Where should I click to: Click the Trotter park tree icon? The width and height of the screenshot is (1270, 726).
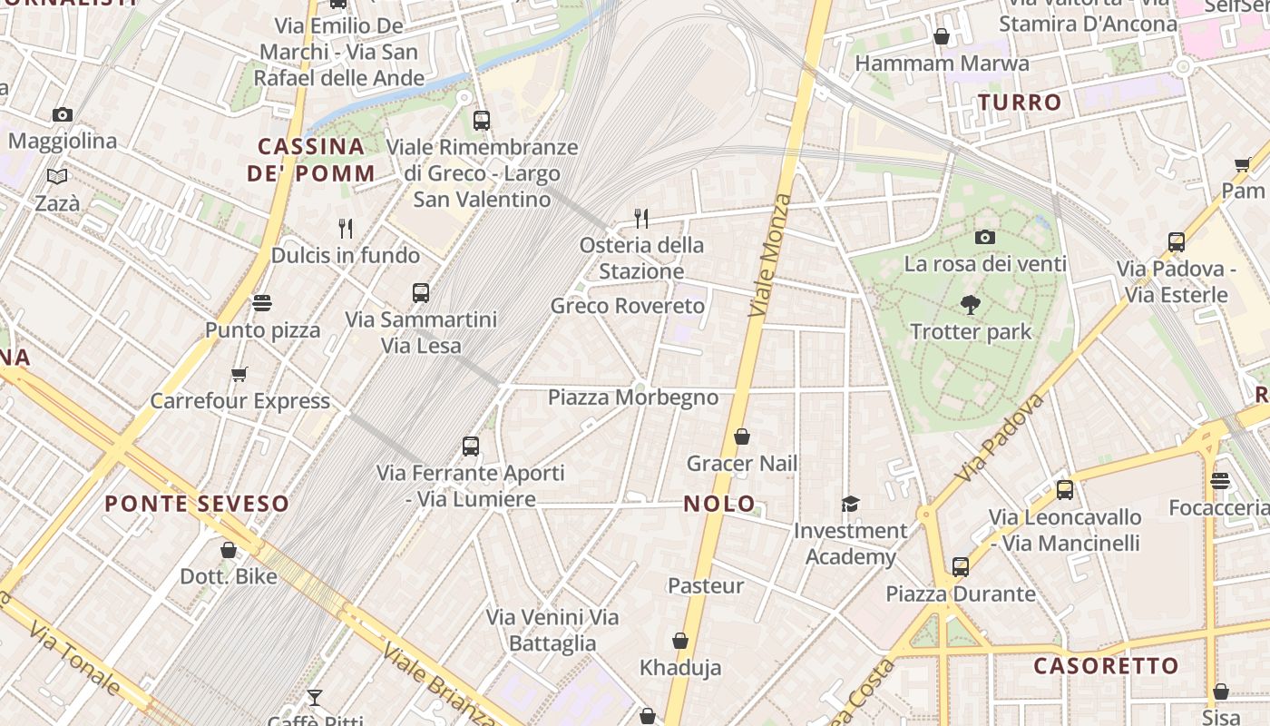971,305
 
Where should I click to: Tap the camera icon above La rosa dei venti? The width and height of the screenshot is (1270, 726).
985,238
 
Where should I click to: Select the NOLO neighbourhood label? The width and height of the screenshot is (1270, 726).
719,504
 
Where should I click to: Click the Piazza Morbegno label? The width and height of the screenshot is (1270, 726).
633,397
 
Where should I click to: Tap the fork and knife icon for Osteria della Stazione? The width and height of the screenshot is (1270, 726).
641,218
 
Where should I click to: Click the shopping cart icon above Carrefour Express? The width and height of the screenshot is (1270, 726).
239,374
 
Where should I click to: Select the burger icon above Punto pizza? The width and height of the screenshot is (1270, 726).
262,303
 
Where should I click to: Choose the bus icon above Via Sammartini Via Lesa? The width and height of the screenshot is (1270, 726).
421,293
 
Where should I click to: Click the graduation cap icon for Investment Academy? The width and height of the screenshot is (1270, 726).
850,504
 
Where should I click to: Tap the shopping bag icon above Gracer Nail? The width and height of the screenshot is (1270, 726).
742,437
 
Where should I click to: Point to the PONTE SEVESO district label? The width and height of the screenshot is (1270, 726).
197,504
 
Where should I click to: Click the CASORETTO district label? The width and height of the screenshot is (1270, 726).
1106,666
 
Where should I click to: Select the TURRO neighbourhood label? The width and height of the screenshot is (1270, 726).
1020,103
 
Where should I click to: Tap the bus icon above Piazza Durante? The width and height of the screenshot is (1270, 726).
961,567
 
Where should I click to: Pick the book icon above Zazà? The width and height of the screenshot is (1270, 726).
57,176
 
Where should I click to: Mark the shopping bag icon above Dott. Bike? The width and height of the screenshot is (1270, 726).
229,550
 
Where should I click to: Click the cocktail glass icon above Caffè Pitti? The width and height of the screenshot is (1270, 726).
315,698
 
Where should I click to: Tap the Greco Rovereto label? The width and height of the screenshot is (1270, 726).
628,306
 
